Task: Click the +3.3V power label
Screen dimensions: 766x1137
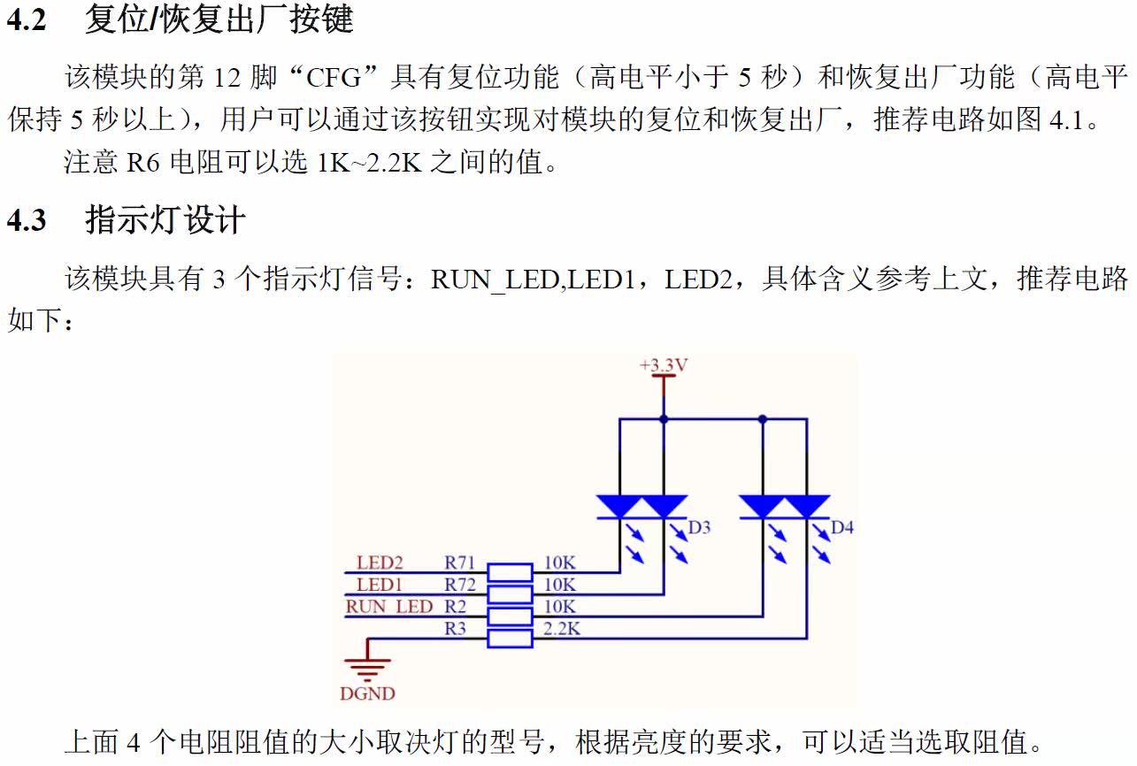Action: click(x=664, y=364)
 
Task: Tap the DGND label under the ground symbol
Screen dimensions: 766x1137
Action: click(x=367, y=693)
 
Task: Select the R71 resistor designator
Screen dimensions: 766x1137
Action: click(x=460, y=563)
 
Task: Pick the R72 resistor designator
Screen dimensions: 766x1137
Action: click(x=460, y=585)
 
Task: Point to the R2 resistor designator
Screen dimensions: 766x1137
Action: click(x=455, y=607)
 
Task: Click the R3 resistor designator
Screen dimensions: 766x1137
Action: click(x=455, y=629)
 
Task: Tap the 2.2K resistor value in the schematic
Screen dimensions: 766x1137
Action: click(x=562, y=629)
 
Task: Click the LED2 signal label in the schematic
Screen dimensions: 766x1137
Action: click(x=380, y=563)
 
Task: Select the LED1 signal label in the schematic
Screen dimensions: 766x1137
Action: click(x=380, y=585)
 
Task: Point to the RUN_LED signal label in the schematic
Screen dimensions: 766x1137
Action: click(x=388, y=607)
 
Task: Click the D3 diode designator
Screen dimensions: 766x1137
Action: click(x=699, y=528)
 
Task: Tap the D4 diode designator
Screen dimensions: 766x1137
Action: click(x=842, y=528)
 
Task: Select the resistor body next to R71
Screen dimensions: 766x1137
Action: click(x=511, y=572)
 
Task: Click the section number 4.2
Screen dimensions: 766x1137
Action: click(x=26, y=19)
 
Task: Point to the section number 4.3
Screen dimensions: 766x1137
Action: click(x=26, y=220)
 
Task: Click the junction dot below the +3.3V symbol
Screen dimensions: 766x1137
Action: click(x=664, y=419)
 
